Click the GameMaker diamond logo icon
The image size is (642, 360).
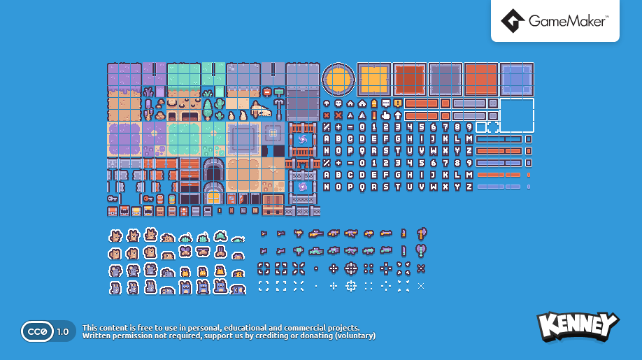coord(513,22)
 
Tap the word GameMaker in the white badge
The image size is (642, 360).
coord(567,22)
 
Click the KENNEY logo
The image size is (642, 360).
coord(578,326)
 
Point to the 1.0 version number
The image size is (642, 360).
coord(63,331)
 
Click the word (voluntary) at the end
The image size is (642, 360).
coord(355,336)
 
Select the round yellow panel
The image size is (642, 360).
coord(338,79)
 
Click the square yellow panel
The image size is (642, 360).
coord(374,79)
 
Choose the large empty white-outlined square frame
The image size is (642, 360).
coord(517,115)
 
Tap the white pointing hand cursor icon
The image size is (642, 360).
coord(385,115)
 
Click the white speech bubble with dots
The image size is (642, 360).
coord(385,103)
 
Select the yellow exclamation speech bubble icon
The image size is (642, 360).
coord(397,103)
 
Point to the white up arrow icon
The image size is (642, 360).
coord(397,115)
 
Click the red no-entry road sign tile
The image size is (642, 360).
coord(266,92)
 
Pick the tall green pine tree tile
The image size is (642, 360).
coord(208,109)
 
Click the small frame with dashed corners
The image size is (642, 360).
coord(493,127)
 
